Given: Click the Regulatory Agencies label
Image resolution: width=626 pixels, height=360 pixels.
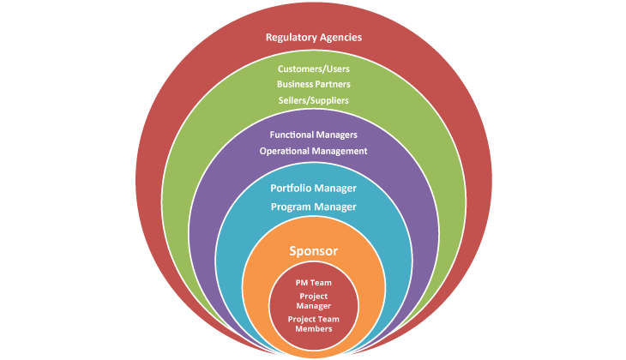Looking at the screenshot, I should (x=313, y=37).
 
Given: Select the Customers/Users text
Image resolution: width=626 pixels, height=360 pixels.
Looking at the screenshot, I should (x=313, y=69).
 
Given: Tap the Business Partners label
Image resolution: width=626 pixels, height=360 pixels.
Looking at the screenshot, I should (x=313, y=84).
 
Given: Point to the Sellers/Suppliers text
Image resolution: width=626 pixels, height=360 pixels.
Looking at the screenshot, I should (x=313, y=100).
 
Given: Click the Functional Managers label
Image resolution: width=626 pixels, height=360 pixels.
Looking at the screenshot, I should (x=313, y=135).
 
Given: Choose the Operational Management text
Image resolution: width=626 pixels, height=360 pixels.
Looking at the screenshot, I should (x=313, y=151).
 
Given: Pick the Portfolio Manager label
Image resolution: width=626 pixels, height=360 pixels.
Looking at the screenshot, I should (x=313, y=188).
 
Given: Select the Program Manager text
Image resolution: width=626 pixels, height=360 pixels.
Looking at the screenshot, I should (x=313, y=207).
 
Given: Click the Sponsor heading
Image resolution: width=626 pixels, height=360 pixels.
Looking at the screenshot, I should (x=313, y=251).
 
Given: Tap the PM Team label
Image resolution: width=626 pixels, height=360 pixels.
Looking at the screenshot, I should (x=313, y=281).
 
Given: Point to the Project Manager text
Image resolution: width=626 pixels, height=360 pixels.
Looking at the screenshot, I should (x=313, y=300).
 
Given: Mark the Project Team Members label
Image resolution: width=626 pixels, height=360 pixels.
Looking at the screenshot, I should (x=313, y=323).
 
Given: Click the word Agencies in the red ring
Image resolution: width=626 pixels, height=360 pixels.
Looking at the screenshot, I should (x=340, y=37).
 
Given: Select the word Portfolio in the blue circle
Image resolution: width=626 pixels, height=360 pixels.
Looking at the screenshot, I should (x=292, y=188).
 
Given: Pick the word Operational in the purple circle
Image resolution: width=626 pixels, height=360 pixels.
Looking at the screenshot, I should (x=286, y=151).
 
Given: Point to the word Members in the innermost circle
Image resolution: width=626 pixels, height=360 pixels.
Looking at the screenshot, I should (x=313, y=328).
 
